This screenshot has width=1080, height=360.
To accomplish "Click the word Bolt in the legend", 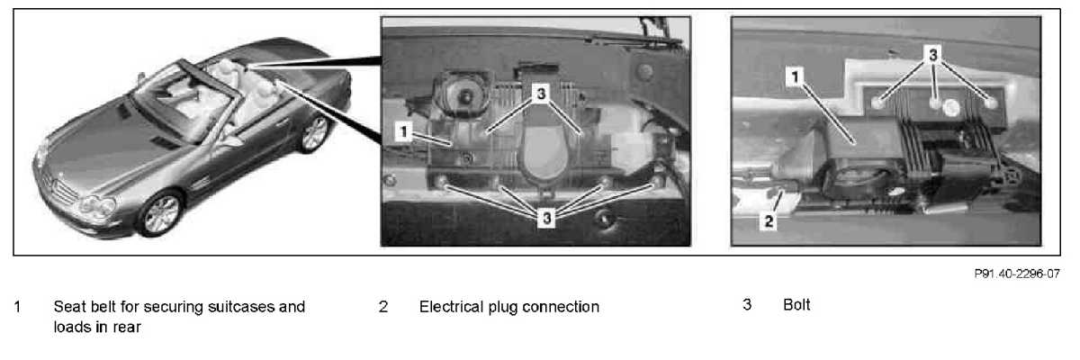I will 796,305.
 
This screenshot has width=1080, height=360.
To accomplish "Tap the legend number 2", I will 383,307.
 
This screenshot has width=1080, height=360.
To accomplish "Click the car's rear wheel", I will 315,133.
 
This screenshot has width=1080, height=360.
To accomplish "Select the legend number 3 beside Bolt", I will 747,305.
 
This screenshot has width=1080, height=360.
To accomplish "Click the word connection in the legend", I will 562,307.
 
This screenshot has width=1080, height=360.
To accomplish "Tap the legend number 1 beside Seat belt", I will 17,307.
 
